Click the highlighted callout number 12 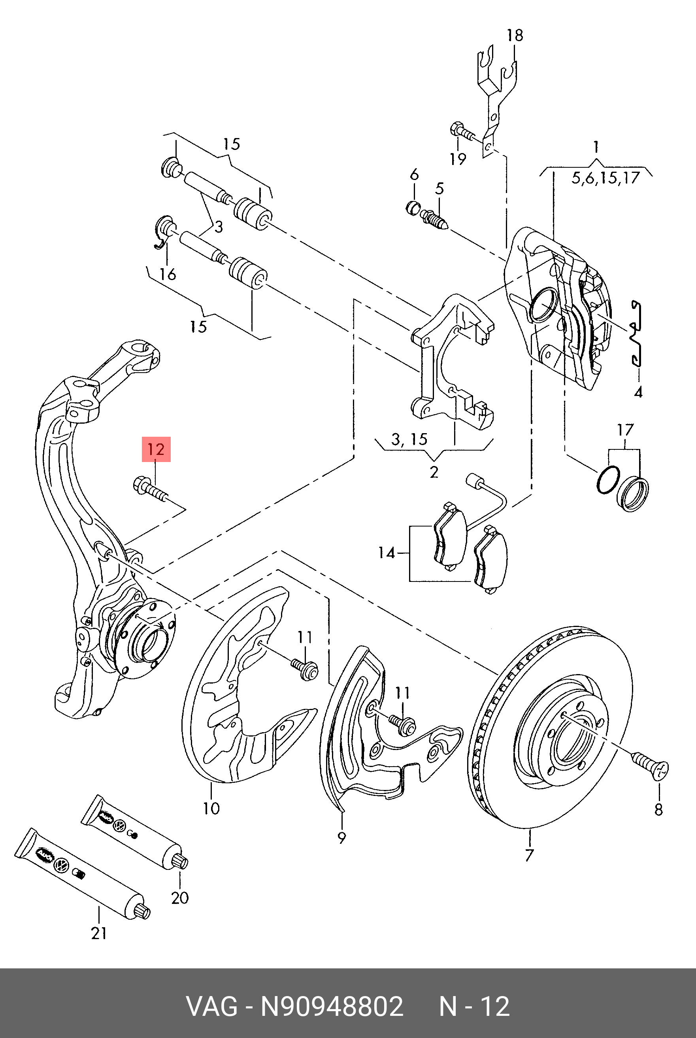coord(156,449)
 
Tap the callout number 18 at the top coord(515,36)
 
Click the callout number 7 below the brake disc coord(529,855)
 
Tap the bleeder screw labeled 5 coord(435,218)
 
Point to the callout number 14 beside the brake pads coord(386,553)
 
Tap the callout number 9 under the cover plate coord(341,838)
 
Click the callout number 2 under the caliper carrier coord(434,472)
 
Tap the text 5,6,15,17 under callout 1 coord(605,178)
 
